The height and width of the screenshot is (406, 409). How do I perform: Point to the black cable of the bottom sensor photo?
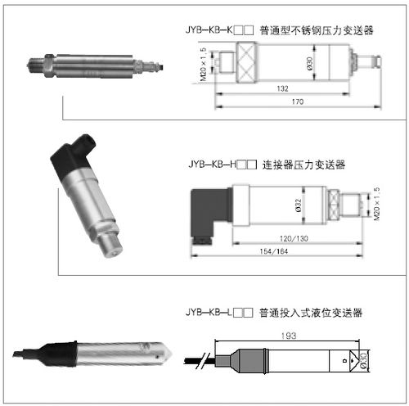click(29, 354)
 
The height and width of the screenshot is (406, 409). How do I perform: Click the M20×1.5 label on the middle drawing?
click(377, 205)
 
